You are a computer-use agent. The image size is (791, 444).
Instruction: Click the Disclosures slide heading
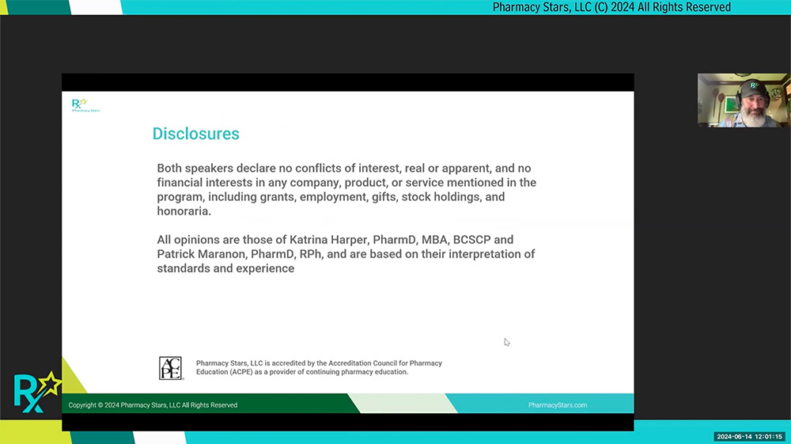point(195,134)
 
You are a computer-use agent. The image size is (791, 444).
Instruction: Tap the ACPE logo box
point(171,368)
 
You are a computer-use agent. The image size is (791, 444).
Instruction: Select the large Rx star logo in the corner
point(37,392)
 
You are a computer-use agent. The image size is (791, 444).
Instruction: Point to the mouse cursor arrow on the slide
point(507,342)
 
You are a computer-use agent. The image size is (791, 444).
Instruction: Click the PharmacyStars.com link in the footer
point(558,405)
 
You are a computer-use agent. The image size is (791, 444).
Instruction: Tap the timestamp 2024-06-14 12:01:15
point(750,436)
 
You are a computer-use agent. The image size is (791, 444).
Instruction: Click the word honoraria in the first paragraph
point(184,211)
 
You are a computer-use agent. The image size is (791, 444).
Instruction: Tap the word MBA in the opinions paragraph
point(434,240)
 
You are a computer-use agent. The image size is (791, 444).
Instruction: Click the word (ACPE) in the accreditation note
point(241,372)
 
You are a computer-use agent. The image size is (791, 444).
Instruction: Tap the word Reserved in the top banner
point(709,7)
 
